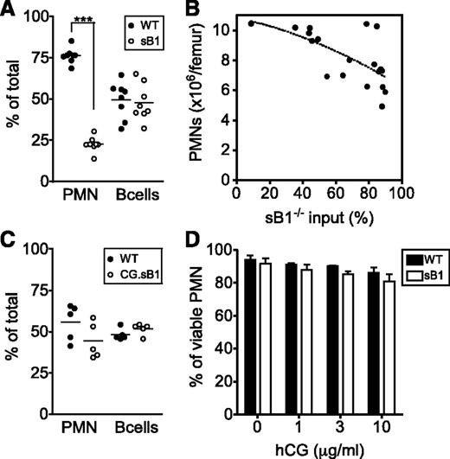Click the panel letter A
pos(10,10)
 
